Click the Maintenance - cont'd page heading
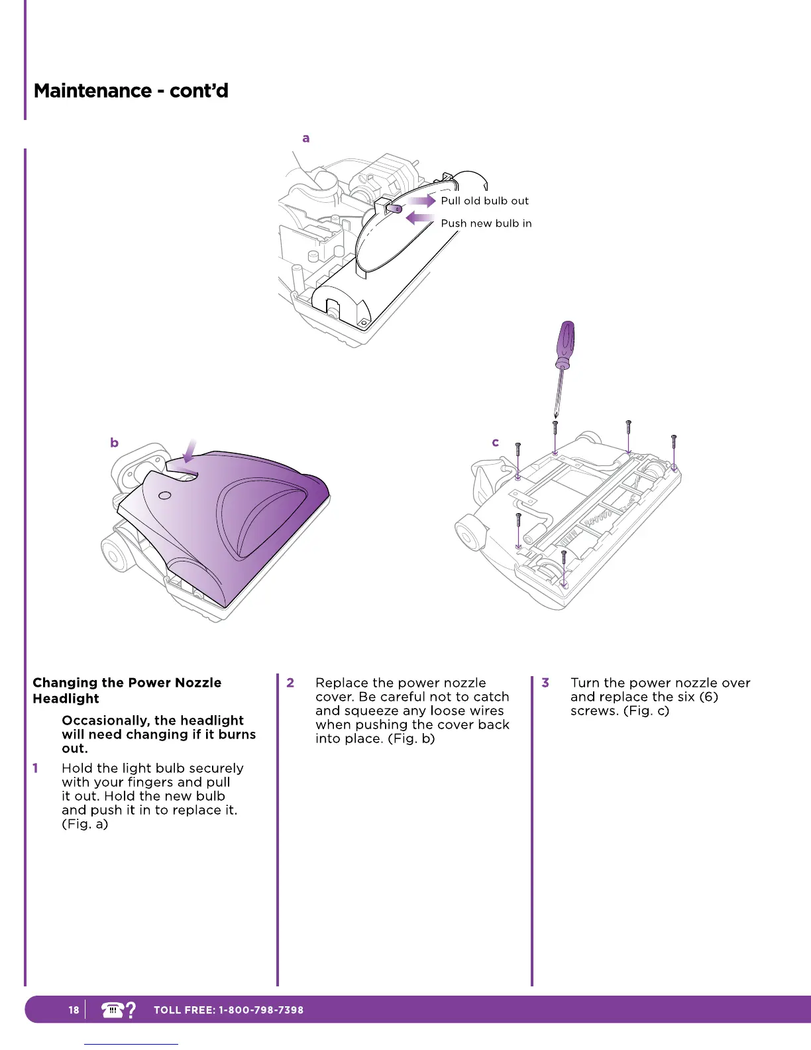pos(131,91)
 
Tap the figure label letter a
pos(305,139)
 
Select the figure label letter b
pos(115,443)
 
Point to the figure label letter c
pos(495,443)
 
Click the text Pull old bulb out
pos(485,201)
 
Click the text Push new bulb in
pos(486,223)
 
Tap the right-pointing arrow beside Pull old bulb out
pos(422,200)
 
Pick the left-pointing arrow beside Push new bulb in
pos(419,218)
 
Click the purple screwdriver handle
pos(565,342)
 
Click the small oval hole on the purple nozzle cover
pos(166,495)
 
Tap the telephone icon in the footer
pos(113,1010)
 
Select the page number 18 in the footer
pos(74,1010)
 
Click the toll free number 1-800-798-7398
pos(261,1010)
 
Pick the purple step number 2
pos(290,683)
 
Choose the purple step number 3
pos(545,683)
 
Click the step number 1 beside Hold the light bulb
pos(36,768)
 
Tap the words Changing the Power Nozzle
pos(127,683)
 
